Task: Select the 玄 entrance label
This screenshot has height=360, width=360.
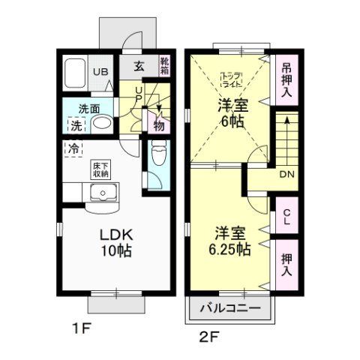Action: click(x=139, y=66)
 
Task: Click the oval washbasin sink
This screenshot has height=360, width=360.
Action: click(x=103, y=124)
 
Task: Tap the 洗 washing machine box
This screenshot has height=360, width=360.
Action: click(x=76, y=125)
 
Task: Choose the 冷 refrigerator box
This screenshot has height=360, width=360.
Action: click(x=73, y=148)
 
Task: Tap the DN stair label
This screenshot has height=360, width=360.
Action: click(x=286, y=174)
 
